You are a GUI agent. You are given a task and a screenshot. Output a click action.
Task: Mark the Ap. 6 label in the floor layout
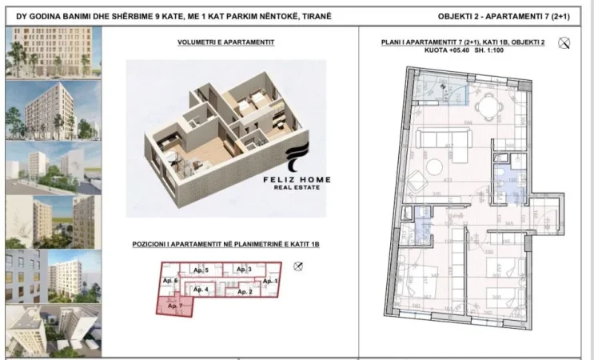[169, 282]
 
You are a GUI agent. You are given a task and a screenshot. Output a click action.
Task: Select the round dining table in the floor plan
[484, 109]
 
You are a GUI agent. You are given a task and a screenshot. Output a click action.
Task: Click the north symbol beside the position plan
[298, 266]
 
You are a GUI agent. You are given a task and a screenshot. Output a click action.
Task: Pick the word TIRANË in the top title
[310, 16]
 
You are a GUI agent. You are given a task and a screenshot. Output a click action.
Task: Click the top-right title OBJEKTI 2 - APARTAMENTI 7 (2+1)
[508, 16]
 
